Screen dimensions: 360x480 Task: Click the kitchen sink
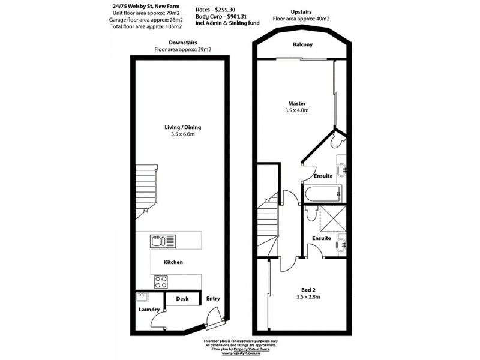pos(163,241)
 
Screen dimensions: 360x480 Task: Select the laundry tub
pos(142,296)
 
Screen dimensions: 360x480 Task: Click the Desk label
pos(182,298)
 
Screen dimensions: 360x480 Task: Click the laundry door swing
pos(157,322)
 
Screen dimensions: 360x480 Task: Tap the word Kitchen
pos(173,262)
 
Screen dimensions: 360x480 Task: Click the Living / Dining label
pos(183,127)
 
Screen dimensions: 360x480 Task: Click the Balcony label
pos(303,45)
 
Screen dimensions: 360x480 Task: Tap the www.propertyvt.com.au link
pos(239,354)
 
